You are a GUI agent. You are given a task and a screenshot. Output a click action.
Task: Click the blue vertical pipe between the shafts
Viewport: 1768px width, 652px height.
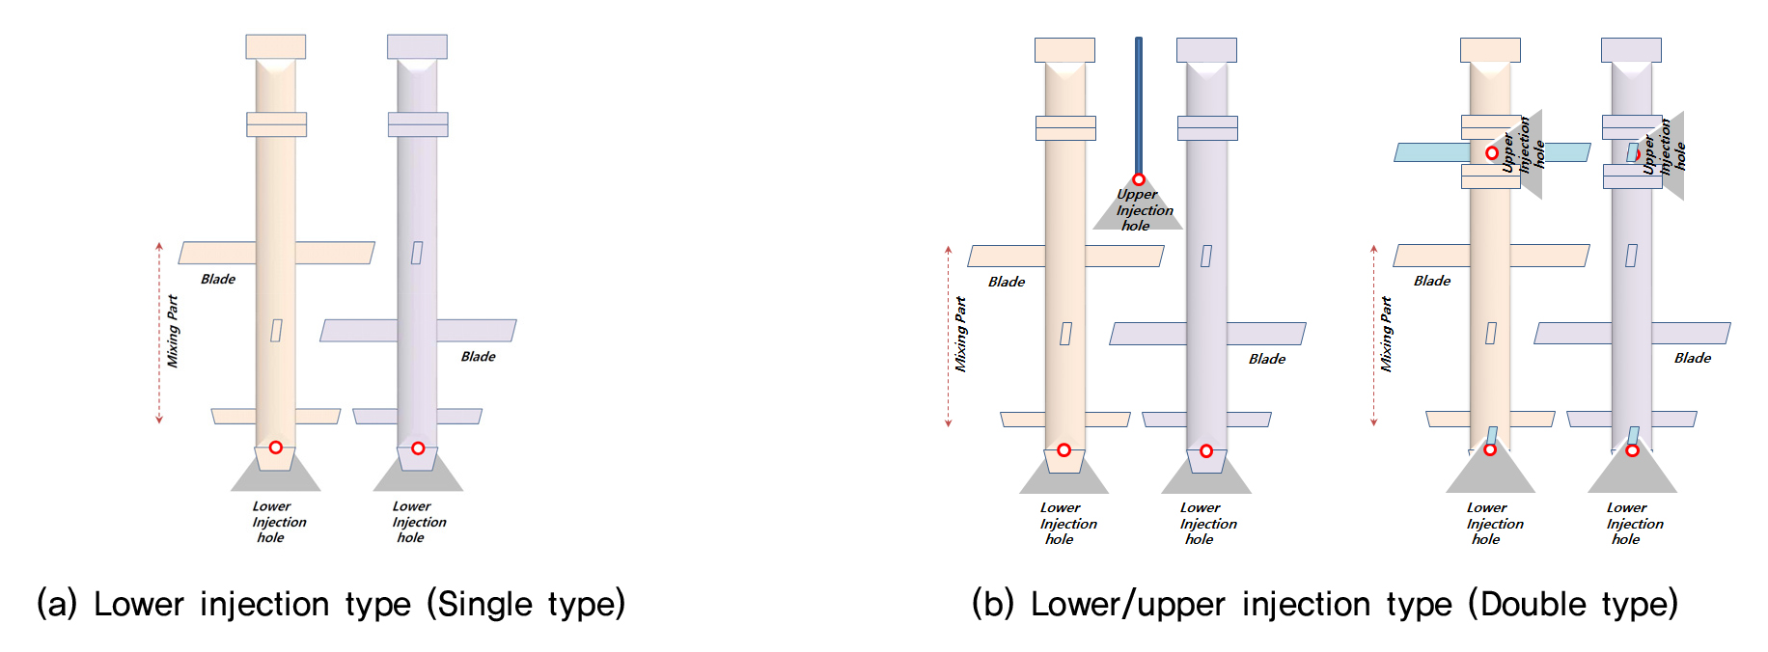coord(1139,106)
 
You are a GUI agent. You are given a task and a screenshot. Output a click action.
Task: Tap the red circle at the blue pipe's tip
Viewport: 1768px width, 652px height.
coord(1139,179)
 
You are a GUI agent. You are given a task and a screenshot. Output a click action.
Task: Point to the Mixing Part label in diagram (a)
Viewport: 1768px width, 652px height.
coord(173,331)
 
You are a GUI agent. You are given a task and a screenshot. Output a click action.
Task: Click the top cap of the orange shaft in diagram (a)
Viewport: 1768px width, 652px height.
coord(276,46)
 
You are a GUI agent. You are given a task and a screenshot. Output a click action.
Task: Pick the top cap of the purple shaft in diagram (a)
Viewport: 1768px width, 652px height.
coord(417,46)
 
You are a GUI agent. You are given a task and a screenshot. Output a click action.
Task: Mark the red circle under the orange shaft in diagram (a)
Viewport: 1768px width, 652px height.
coord(276,448)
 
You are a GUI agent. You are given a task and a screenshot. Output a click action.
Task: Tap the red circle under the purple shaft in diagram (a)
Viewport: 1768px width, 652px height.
coord(418,448)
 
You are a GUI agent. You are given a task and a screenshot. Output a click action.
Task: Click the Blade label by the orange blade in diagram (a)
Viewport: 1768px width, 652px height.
coord(218,280)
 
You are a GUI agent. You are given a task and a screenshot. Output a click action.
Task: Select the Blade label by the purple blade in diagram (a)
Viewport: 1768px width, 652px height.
coord(478,357)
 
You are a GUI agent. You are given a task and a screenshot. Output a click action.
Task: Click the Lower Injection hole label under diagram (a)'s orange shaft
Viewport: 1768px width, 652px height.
coord(278,522)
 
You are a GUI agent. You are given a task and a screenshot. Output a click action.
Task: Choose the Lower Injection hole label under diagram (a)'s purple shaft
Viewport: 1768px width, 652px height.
coord(419,522)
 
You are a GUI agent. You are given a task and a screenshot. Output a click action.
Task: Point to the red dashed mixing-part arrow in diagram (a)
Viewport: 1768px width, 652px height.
coord(159,333)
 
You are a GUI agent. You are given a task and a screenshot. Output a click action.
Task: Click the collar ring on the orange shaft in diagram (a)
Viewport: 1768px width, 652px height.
coord(276,124)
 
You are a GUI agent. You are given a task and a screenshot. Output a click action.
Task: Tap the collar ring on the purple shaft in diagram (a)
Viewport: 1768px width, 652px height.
coord(418,124)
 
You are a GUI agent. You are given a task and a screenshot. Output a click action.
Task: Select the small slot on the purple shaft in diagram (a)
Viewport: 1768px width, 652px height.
coord(417,253)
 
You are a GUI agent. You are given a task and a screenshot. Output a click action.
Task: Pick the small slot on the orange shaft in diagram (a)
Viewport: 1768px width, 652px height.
coord(276,331)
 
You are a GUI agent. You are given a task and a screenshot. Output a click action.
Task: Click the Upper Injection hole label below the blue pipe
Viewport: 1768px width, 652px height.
coord(1144,210)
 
